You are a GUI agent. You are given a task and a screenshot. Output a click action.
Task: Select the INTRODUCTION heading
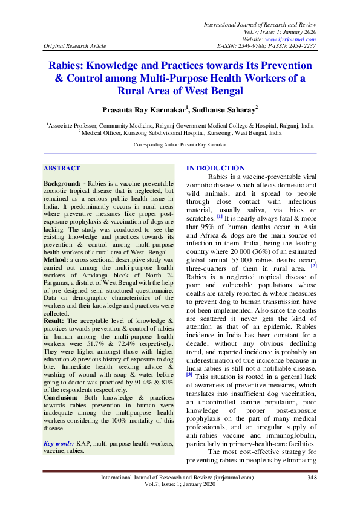[216, 168]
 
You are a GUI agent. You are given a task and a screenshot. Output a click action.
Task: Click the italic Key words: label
[60, 443]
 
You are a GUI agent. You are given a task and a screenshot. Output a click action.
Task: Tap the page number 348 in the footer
[312, 478]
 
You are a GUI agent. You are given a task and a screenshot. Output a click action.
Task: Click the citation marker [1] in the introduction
[220, 216]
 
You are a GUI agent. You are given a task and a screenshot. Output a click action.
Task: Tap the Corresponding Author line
[180, 146]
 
